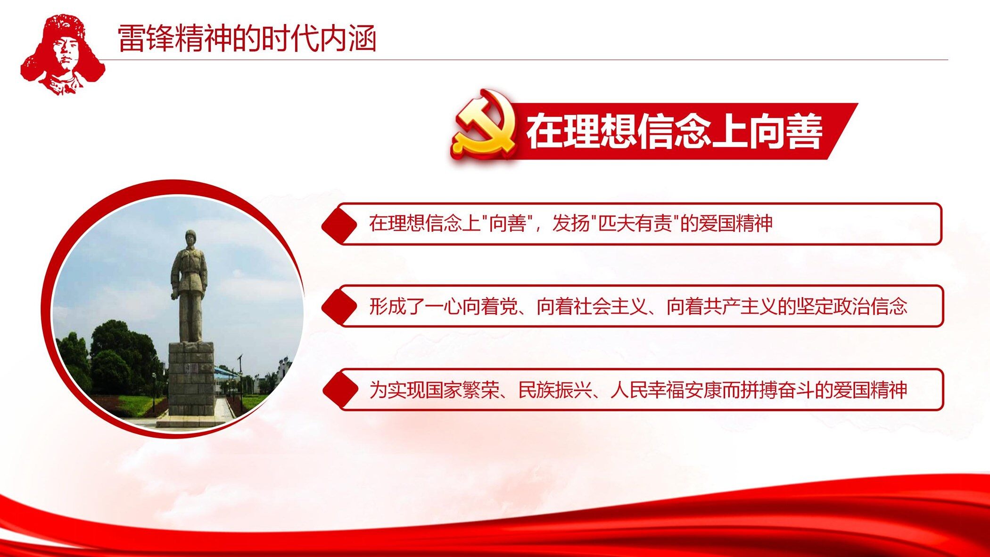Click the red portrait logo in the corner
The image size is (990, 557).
point(63,54)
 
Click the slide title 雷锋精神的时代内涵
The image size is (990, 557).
point(247,38)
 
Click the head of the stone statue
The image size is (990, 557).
point(190,237)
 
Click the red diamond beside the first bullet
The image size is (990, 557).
point(339,225)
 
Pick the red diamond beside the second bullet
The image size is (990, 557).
point(339,307)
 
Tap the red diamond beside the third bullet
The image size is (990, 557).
point(340,391)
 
